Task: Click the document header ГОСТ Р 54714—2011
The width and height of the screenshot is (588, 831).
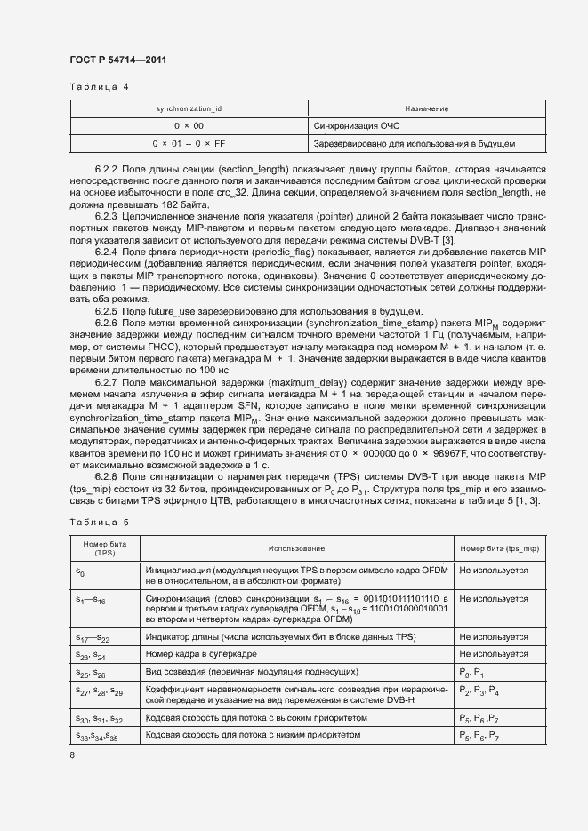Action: [x=117, y=60]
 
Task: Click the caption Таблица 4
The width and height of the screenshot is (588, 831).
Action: [x=99, y=87]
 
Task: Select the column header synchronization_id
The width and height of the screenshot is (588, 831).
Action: [x=188, y=108]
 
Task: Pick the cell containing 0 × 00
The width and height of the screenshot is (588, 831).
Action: [x=188, y=125]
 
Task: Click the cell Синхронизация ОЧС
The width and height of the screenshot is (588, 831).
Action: [x=356, y=125]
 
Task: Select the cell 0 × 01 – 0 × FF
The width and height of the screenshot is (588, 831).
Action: [x=188, y=142]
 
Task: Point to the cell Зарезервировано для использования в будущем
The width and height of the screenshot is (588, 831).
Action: [x=414, y=142]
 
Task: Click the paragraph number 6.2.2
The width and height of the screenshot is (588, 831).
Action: [x=107, y=169]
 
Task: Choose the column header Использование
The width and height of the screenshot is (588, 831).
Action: [x=298, y=548]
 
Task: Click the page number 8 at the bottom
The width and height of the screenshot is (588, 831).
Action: [x=72, y=755]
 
